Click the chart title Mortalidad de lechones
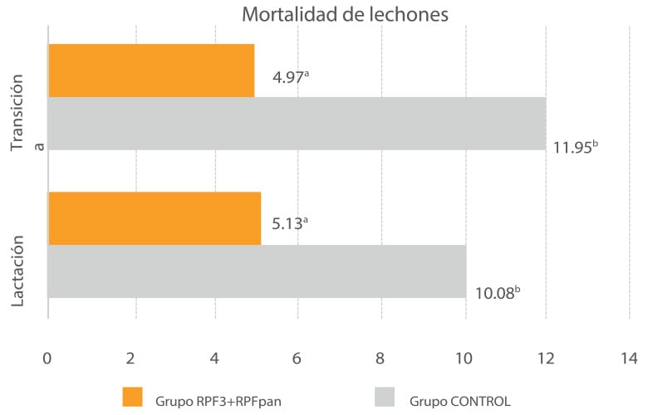click(345, 15)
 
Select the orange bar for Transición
click(151, 71)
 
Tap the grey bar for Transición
click(297, 124)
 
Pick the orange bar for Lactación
click(155, 218)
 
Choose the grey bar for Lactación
click(257, 271)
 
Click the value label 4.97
click(291, 80)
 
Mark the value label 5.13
click(291, 225)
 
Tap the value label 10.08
click(497, 292)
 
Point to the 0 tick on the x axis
click(47, 359)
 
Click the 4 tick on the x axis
click(214, 359)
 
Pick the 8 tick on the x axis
click(380, 359)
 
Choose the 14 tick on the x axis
click(627, 359)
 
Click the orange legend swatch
click(132, 398)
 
